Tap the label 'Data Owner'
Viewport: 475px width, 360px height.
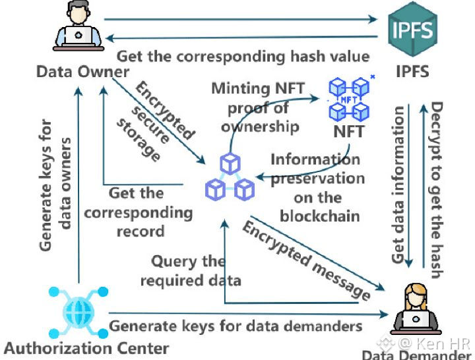82,71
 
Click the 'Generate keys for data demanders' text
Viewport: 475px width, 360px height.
236,326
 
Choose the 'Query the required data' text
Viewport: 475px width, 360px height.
188,270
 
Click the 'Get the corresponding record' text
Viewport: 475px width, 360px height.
138,212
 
